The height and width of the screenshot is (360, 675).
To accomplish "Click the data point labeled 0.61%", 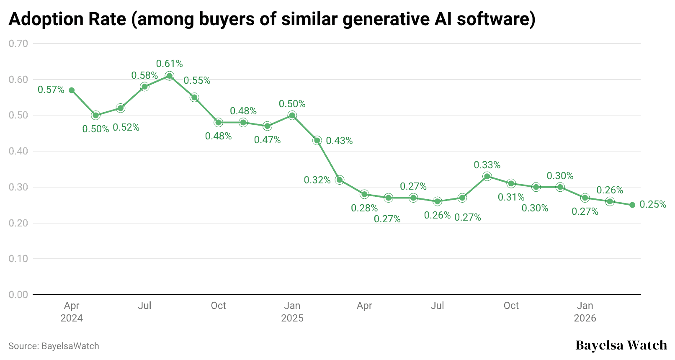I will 169,76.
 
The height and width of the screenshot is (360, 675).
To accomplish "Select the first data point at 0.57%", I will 72,90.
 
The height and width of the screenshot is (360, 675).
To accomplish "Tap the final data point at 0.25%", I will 632,205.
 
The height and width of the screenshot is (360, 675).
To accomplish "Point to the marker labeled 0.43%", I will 317,140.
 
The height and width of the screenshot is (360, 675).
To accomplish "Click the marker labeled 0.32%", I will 340,180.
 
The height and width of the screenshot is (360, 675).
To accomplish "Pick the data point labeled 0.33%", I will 487,176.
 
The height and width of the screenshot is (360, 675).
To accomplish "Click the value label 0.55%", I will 197,80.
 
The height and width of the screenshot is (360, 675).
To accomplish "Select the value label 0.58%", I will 144,75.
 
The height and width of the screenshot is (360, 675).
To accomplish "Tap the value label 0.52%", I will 126,127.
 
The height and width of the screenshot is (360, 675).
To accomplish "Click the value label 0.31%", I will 511,197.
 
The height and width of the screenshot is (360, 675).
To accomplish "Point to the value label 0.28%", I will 364,208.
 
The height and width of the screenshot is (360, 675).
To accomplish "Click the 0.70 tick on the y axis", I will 18,44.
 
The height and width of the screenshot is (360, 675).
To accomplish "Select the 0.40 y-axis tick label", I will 18,151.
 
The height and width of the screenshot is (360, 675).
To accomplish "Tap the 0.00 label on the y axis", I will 18,295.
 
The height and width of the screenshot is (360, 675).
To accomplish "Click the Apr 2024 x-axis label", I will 72,312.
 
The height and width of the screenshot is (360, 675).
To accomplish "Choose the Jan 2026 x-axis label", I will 585,312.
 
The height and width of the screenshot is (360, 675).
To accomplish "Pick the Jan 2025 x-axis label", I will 292,312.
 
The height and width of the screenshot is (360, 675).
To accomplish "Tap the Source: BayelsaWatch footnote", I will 54,346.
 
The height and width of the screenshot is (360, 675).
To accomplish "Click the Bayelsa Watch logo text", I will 621,345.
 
